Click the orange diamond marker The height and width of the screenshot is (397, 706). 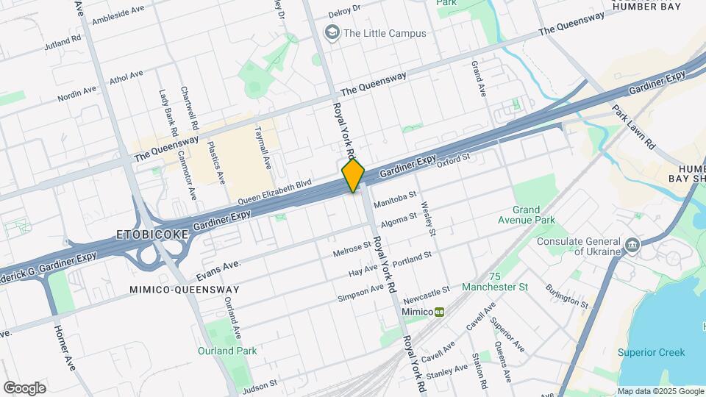(x=353, y=176)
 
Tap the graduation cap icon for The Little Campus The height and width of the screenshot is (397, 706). (x=332, y=32)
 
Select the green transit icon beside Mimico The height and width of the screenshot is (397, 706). (x=439, y=312)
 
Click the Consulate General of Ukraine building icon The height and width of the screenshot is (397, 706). (x=631, y=244)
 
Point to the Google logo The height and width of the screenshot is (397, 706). (x=24, y=387)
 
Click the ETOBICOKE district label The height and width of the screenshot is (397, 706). (x=152, y=235)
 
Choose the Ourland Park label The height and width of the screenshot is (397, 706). (x=227, y=351)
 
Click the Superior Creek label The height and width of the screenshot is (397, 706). (x=651, y=351)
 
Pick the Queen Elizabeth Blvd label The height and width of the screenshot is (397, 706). (x=274, y=193)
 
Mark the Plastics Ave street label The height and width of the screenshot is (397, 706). (x=215, y=162)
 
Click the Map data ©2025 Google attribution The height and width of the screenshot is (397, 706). (x=659, y=391)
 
